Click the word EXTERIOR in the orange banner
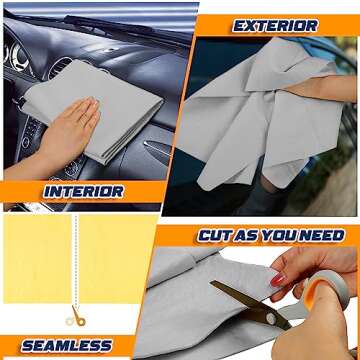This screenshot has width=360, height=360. [275, 26]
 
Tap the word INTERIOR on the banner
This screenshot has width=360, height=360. [84, 190]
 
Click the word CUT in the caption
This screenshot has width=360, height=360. [216, 236]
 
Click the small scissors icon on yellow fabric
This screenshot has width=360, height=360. [75, 317]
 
